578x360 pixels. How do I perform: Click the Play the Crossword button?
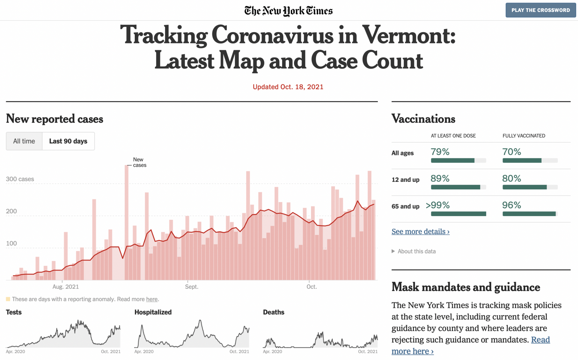[540, 10]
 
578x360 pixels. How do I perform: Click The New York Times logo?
[288, 11]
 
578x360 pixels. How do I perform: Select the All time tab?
[24, 141]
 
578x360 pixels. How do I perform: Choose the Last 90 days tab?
[68, 141]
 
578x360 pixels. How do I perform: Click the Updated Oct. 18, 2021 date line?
[288, 87]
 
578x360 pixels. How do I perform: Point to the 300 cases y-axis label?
[20, 179]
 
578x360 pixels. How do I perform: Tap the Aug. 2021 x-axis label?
[65, 287]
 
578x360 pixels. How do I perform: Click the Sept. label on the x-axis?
[191, 287]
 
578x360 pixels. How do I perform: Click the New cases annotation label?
[139, 162]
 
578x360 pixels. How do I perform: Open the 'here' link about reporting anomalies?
[152, 299]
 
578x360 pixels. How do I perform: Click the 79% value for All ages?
[440, 152]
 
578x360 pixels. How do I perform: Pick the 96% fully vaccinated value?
[512, 205]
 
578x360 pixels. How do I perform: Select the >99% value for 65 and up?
[438, 205]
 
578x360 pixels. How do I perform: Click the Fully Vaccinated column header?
[524, 136]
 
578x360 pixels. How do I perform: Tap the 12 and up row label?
[405, 180]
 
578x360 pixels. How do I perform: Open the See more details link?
[420, 231]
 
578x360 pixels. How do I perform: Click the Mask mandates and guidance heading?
[466, 287]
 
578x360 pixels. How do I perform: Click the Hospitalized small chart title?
[153, 312]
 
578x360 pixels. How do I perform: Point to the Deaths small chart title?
[273, 312]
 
